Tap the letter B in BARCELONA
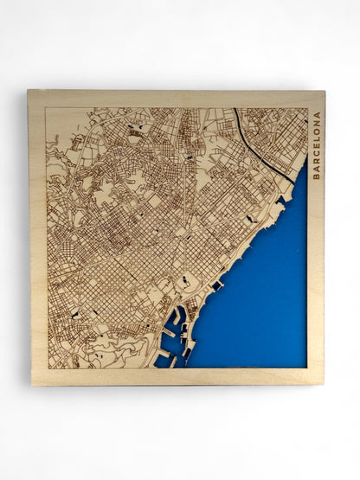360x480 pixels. (x=316, y=176)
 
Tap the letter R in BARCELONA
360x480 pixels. (x=316, y=163)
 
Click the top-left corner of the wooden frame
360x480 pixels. (x=29, y=91)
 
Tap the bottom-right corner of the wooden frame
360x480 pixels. (x=325, y=383)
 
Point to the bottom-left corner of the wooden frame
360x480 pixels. (x=32, y=384)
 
